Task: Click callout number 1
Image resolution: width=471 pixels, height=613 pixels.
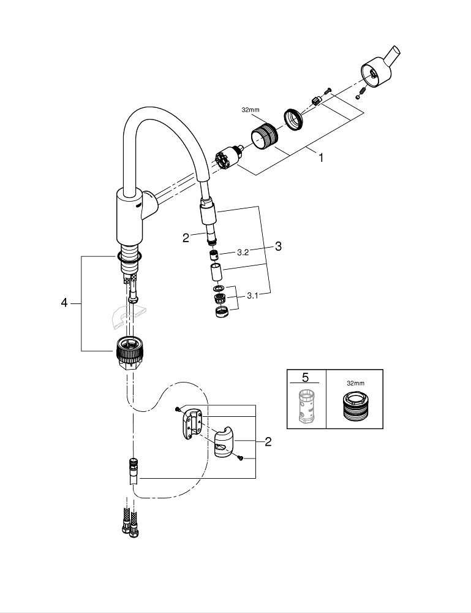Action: (x=320, y=157)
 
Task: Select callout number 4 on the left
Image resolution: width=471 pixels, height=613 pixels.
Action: (x=64, y=303)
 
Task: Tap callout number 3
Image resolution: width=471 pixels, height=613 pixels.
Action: (x=278, y=246)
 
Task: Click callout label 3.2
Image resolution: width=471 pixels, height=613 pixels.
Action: (x=243, y=252)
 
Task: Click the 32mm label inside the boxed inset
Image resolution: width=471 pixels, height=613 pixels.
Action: (x=354, y=383)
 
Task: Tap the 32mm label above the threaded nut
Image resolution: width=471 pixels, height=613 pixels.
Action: (x=250, y=110)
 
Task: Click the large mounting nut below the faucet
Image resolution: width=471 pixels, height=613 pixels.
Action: (x=130, y=352)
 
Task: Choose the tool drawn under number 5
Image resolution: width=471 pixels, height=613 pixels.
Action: (x=306, y=405)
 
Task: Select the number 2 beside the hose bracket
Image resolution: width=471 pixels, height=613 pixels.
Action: (x=268, y=441)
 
